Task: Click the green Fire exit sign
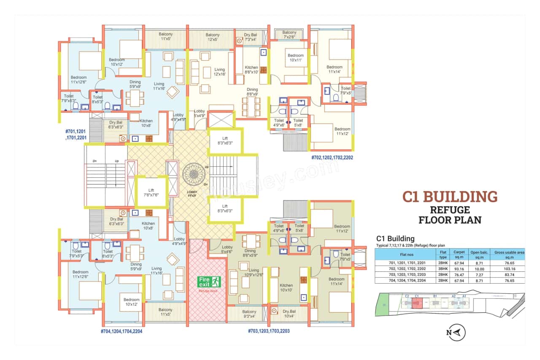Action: pyautogui.click(x=210, y=282)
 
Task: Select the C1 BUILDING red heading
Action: pyautogui.click(x=449, y=197)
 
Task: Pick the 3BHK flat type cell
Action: pyautogui.click(x=443, y=268)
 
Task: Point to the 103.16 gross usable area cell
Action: pyautogui.click(x=509, y=268)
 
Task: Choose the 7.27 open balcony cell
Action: pyautogui.click(x=479, y=274)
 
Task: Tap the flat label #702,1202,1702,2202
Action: pyautogui.click(x=332, y=157)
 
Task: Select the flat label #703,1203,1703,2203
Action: pyautogui.click(x=268, y=331)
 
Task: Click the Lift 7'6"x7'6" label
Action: pyautogui.click(x=151, y=192)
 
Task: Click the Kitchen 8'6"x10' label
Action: pyautogui.click(x=251, y=70)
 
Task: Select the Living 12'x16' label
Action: pyautogui.click(x=219, y=72)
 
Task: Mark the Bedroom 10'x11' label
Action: pyautogui.click(x=295, y=58)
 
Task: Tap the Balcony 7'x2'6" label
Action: pyautogui.click(x=289, y=35)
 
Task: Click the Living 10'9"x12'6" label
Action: pyautogui.click(x=254, y=273)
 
